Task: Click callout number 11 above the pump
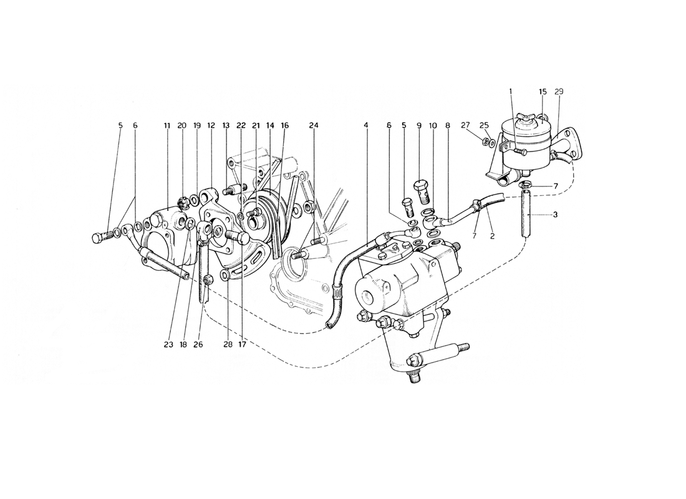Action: (x=167, y=125)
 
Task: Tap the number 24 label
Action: (x=314, y=125)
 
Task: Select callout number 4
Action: (x=365, y=125)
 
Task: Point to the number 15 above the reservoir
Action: (x=543, y=92)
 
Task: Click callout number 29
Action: (x=559, y=92)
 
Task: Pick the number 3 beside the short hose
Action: (x=555, y=215)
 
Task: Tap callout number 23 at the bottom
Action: (x=169, y=344)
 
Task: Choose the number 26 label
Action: (x=198, y=344)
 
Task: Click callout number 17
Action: (x=243, y=344)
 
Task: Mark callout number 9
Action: (x=418, y=125)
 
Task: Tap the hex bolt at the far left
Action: (x=101, y=238)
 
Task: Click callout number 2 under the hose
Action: (x=492, y=236)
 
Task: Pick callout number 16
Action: (x=285, y=125)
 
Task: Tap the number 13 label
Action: (x=226, y=125)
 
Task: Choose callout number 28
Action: (x=228, y=344)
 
